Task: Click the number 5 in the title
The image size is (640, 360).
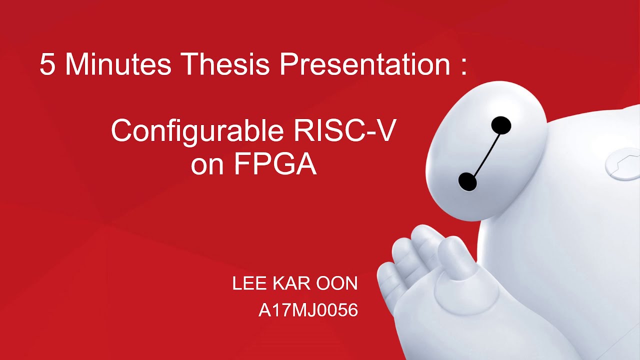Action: click(x=47, y=64)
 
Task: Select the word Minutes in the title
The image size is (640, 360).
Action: click(x=118, y=64)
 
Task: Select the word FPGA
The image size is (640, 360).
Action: click(x=275, y=164)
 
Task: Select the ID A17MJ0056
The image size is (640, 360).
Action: click(x=308, y=310)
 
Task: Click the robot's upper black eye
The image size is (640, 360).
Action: click(x=501, y=125)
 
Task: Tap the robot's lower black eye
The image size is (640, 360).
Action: click(x=467, y=181)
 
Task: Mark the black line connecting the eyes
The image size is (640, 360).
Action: click(x=484, y=153)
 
